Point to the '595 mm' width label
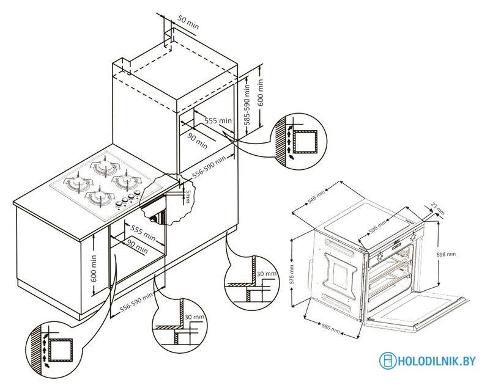(378, 227)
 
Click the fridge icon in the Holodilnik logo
(387, 360)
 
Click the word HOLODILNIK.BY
(436, 361)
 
